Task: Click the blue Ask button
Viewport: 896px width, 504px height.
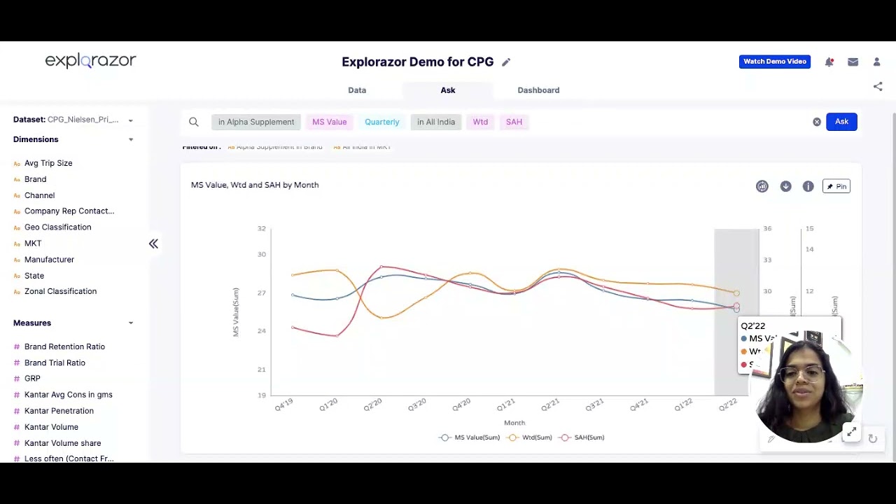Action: [x=841, y=122]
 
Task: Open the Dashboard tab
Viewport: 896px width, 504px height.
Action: [x=538, y=90]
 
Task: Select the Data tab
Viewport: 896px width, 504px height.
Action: [x=357, y=90]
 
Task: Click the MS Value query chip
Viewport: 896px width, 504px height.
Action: [x=329, y=122]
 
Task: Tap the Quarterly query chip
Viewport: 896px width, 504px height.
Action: [x=381, y=122]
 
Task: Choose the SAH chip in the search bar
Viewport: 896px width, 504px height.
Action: [x=514, y=122]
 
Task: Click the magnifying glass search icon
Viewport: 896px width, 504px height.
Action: [x=194, y=122]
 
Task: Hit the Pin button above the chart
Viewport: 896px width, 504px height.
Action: [x=836, y=186]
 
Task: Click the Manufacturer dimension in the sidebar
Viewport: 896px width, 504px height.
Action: [x=49, y=260]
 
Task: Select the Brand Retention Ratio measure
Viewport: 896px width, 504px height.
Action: [x=64, y=346]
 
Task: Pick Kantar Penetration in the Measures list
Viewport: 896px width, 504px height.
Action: [x=59, y=411]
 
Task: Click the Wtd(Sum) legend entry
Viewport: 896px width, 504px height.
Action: [x=536, y=437]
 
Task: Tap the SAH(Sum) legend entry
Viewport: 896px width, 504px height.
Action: [x=589, y=437]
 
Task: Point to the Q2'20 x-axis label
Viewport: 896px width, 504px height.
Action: [x=373, y=405]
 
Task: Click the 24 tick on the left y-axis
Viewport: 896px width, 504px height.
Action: [x=262, y=330]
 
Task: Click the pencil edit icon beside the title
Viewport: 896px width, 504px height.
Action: [x=506, y=62]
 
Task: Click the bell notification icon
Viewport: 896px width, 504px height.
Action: [x=829, y=62]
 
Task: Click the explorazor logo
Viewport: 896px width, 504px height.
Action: [x=90, y=61]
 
